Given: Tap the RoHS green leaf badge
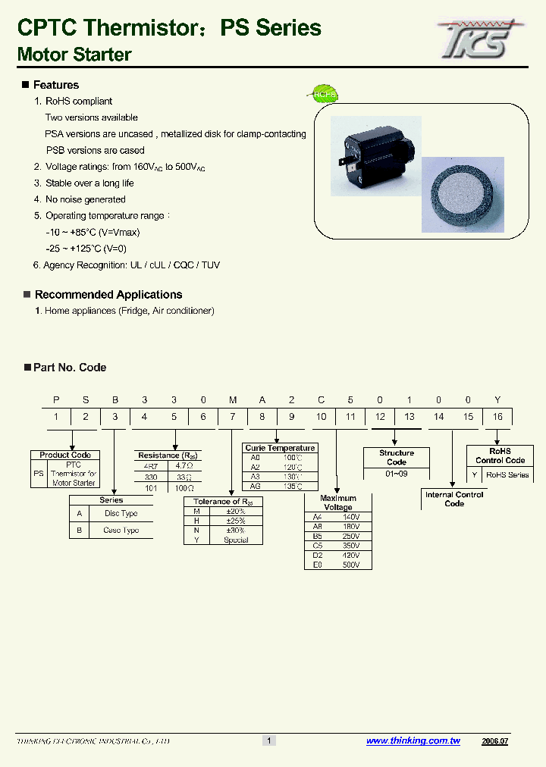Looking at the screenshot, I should pos(322,94).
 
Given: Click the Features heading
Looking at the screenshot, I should pos(55,85).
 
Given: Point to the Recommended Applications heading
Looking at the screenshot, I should pos(108,295).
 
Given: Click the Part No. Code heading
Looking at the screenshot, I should pos(70,368).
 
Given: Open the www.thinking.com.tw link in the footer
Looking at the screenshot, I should pos(413,740).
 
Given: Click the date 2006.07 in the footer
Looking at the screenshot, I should pos(494,740).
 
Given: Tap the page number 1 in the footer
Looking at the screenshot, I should pos(268,740).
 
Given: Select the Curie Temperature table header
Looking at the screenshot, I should pos(280,448).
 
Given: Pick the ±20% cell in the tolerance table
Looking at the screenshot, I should pos(236,512).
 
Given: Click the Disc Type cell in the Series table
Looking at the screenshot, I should pos(121,513).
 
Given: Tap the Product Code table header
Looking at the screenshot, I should pos(65,455).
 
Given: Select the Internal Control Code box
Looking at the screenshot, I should pos(454,499).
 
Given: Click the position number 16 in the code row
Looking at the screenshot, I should pos(497,417).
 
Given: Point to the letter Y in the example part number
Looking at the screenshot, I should pos(497,399).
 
